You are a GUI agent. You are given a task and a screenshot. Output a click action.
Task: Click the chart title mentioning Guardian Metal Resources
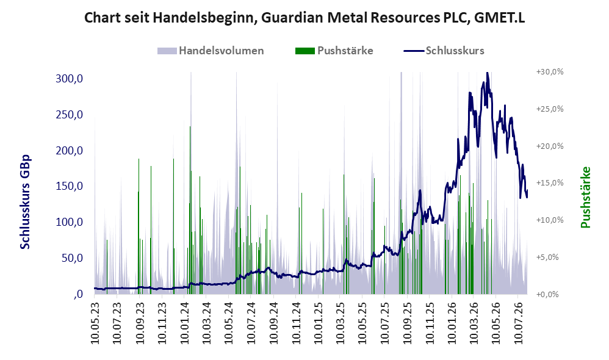click(x=304, y=18)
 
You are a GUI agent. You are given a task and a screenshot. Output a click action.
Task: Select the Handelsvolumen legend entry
click(x=211, y=51)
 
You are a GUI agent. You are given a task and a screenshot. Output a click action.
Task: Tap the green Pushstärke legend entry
click(x=334, y=51)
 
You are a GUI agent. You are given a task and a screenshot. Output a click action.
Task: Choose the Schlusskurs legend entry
click(x=444, y=51)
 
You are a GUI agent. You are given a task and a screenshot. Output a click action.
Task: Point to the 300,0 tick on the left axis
click(x=70, y=79)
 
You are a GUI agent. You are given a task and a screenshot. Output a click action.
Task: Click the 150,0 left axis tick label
click(x=70, y=186)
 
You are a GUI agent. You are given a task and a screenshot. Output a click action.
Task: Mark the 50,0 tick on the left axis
click(x=72, y=258)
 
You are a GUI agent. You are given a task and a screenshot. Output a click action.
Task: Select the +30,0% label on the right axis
click(x=550, y=72)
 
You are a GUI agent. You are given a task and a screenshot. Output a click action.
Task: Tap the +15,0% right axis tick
click(x=550, y=182)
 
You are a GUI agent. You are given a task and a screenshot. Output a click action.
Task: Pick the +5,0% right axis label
click(x=547, y=257)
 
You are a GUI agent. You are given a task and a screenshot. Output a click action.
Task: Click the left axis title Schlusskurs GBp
click(x=25, y=202)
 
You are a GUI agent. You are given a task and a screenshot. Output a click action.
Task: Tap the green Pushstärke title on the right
click(x=585, y=197)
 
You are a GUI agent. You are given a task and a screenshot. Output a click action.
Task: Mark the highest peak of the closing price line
click(x=487, y=73)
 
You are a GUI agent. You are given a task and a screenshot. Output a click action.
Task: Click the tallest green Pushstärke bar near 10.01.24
click(x=190, y=210)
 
